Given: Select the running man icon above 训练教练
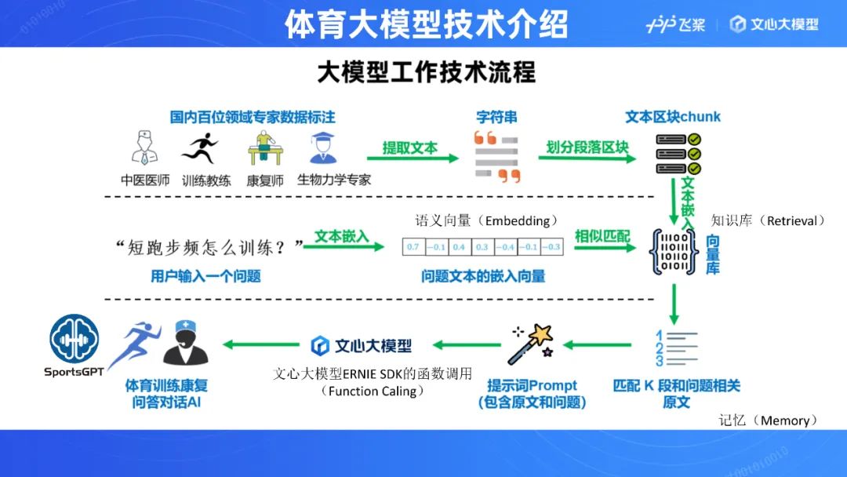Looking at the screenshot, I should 199,147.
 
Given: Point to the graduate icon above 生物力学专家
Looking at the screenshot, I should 322,147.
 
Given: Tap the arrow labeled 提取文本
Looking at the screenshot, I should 413,158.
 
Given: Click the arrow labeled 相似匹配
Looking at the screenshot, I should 603,247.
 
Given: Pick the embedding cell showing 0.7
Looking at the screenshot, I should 413,247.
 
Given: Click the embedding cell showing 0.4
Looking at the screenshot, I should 459,247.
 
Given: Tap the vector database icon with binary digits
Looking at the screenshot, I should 673,251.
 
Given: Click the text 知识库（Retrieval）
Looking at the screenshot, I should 768,221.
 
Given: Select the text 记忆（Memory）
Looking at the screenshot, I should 768,421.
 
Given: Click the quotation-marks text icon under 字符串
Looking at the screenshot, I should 497,155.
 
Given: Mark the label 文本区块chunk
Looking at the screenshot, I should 672,117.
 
